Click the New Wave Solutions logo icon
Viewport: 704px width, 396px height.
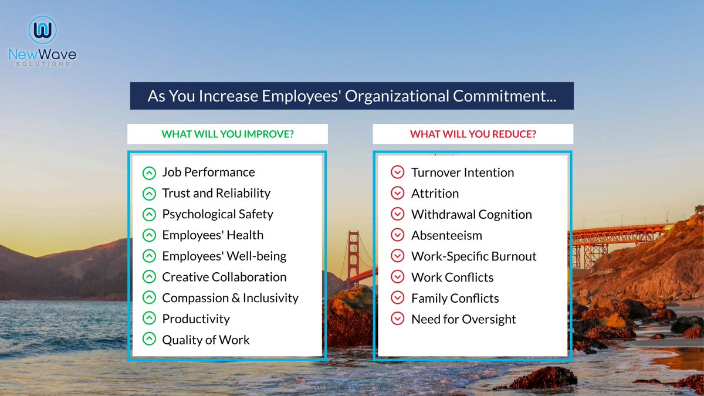tap(42, 31)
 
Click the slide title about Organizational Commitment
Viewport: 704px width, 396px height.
tap(351, 96)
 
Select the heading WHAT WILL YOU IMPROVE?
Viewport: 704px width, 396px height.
tap(228, 134)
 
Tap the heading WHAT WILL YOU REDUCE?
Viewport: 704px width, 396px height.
tap(473, 134)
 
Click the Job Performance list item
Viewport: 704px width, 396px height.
tap(208, 172)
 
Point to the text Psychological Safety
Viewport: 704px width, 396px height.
tap(218, 214)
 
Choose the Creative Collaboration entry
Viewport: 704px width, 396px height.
tap(224, 277)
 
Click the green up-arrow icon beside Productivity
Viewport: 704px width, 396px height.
tap(150, 319)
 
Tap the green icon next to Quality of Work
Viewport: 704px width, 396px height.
tap(150, 340)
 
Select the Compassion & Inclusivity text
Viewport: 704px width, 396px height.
tap(230, 298)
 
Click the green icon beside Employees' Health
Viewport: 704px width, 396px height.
tap(150, 235)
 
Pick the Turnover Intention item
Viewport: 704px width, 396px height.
tap(462, 172)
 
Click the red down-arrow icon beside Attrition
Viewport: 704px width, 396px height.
tap(398, 193)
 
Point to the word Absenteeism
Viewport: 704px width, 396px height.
tap(446, 235)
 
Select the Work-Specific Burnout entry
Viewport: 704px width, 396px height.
tap(473, 256)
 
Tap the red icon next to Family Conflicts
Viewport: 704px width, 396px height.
tap(398, 298)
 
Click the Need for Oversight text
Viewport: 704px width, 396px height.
tap(463, 319)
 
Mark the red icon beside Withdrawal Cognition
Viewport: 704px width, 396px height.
tap(398, 214)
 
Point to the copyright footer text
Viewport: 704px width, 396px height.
tap(352, 388)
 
